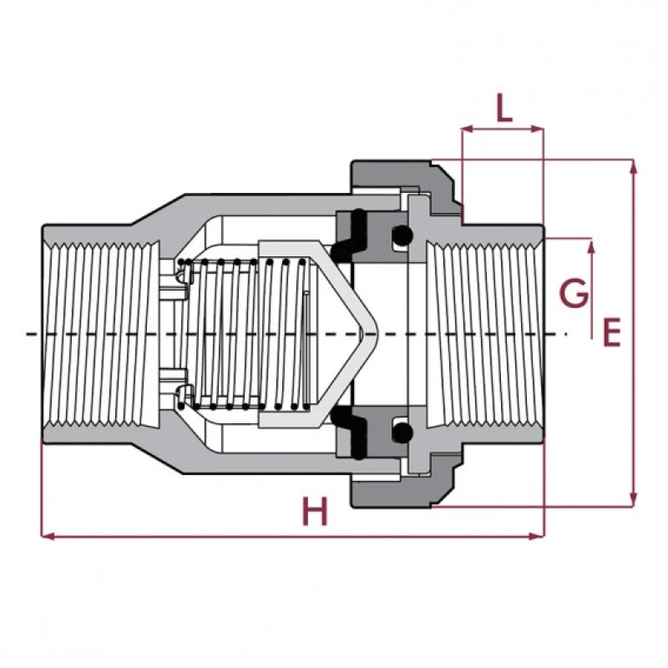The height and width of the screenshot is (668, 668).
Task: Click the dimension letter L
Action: pyautogui.click(x=504, y=109)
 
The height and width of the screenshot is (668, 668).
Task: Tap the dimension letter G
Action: pyautogui.click(x=574, y=295)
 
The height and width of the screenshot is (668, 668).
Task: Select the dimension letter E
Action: pyautogui.click(x=612, y=332)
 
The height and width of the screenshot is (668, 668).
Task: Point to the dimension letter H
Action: pyautogui.click(x=315, y=512)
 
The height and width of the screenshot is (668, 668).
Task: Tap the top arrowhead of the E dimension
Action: pyautogui.click(x=633, y=165)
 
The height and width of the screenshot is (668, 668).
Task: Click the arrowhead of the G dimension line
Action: pyautogui.click(x=591, y=245)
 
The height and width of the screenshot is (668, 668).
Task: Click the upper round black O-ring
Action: pyautogui.click(x=402, y=236)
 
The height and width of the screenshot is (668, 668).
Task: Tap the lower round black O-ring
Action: pyautogui.click(x=402, y=432)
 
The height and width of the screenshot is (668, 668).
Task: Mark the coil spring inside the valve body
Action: pyautogui.click(x=242, y=334)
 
